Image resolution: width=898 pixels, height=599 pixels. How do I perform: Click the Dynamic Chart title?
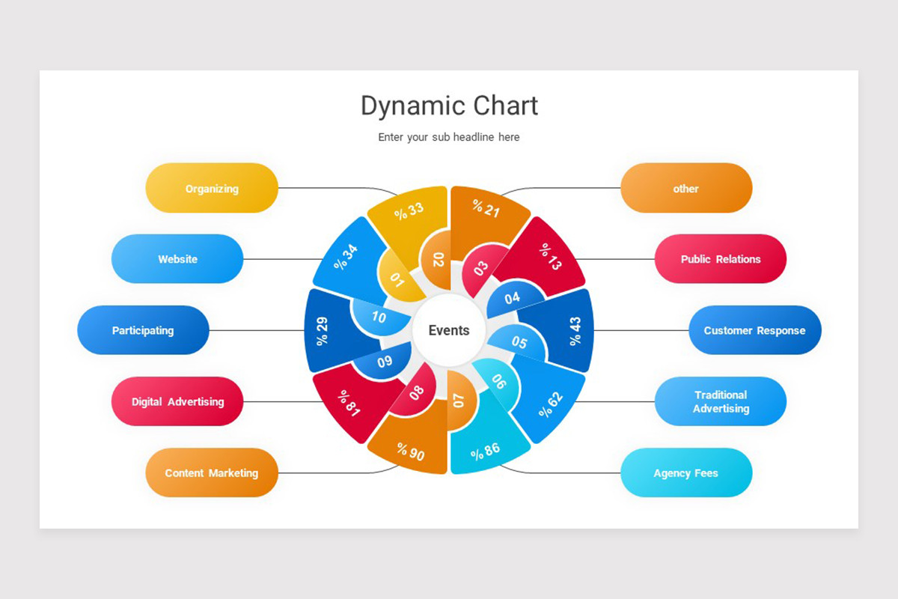tap(449, 106)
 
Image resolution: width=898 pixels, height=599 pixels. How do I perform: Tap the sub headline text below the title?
tap(449, 137)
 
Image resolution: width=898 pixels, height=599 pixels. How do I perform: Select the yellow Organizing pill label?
tap(212, 188)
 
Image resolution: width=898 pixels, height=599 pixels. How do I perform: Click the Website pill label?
tap(177, 259)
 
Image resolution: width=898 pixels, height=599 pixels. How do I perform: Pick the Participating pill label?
tap(143, 330)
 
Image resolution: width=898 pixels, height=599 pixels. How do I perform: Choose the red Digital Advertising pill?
tap(177, 401)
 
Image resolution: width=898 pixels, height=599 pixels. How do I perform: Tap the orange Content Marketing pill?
tap(212, 472)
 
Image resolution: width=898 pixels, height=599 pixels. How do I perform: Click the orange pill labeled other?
tap(685, 188)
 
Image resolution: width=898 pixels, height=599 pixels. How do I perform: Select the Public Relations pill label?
tap(720, 259)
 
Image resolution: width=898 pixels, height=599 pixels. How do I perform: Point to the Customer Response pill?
tap(754, 330)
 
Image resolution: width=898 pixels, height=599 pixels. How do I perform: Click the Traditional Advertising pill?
tap(720, 401)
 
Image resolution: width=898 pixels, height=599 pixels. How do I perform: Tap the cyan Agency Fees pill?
tap(685, 472)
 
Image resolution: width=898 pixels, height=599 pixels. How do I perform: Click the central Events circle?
tap(449, 330)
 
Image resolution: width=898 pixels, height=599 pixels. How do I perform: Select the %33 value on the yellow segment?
tap(409, 210)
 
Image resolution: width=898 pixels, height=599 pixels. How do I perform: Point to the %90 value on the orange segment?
tap(411, 451)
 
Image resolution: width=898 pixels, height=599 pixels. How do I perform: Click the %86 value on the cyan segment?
tap(485, 451)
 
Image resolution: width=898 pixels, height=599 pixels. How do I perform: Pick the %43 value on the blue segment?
tap(575, 330)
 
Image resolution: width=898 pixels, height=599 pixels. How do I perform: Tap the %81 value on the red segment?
tap(349, 403)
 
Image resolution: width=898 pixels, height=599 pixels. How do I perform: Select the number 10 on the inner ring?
tap(379, 317)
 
